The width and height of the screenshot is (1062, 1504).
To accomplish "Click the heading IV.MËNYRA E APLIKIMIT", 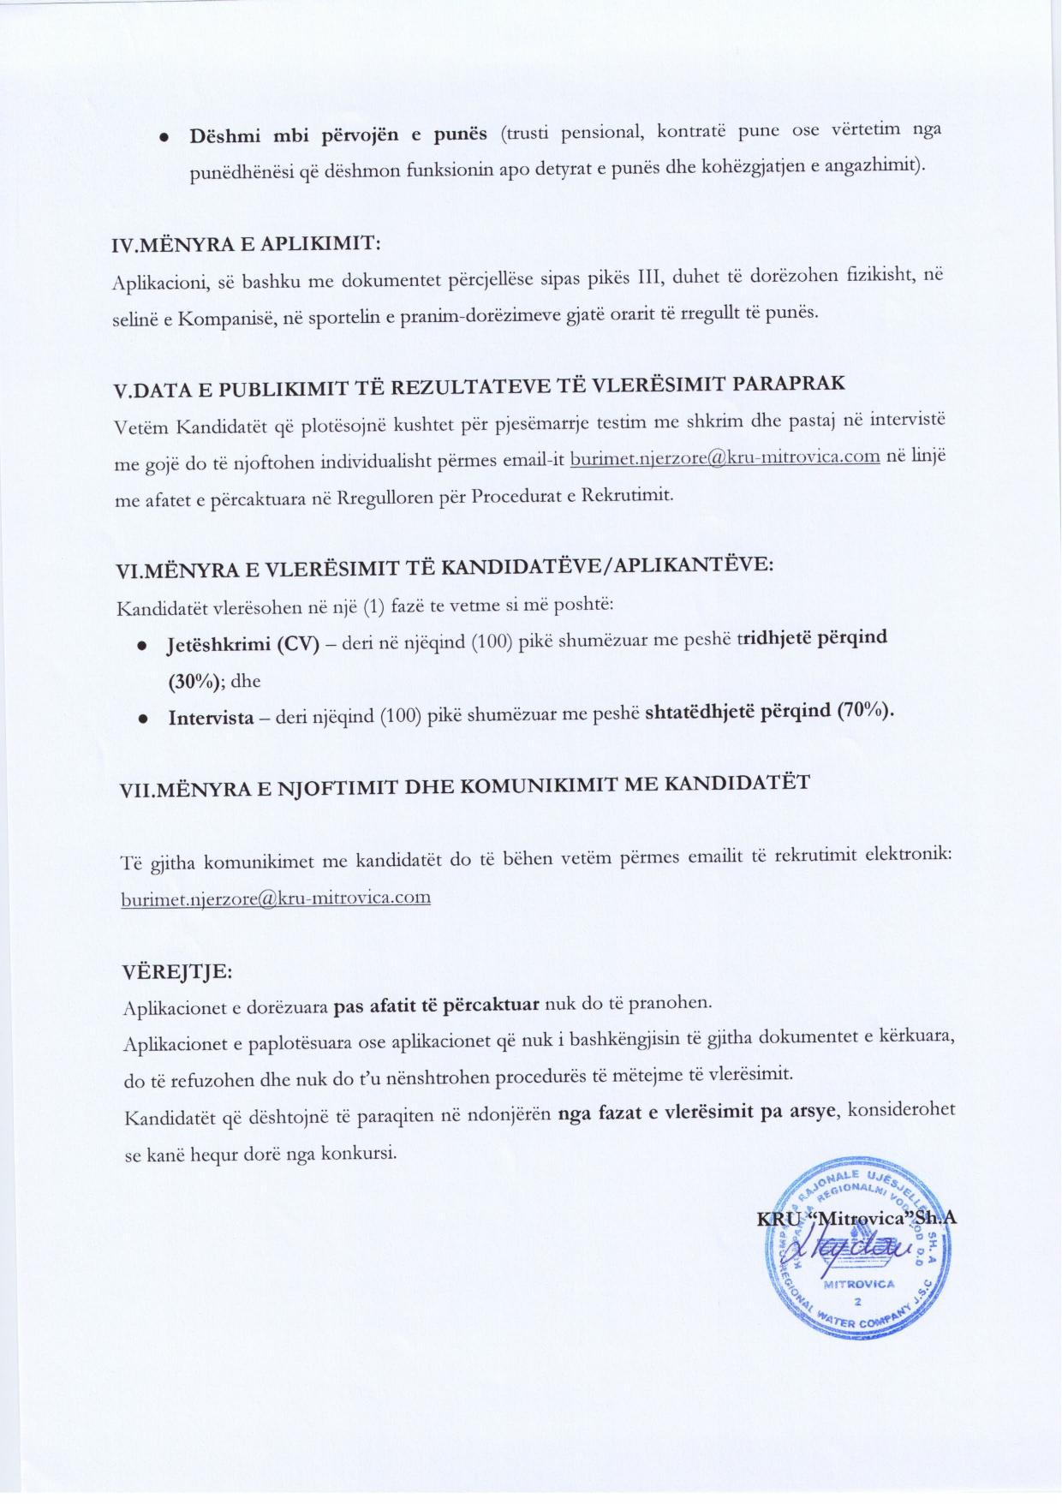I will pos(247,244).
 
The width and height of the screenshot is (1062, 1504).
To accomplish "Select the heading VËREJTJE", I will pos(177,972).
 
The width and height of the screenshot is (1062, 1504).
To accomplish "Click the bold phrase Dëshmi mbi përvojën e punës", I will pos(338,135).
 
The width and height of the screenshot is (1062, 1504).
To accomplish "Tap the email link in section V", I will pos(725,457).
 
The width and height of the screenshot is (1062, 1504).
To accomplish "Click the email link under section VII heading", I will pos(276,898).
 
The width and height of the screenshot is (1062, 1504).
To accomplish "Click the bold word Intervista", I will pos(211,718).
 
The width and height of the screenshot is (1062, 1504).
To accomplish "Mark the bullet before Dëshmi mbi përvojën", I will pos(165,138).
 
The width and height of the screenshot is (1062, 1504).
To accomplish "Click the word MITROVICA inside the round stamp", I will pos(858,1284).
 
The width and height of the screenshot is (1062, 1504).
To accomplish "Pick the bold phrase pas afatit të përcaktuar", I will pos(436,1006).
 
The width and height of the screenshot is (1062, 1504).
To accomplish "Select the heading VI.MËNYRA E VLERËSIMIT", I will pos(444,567).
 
